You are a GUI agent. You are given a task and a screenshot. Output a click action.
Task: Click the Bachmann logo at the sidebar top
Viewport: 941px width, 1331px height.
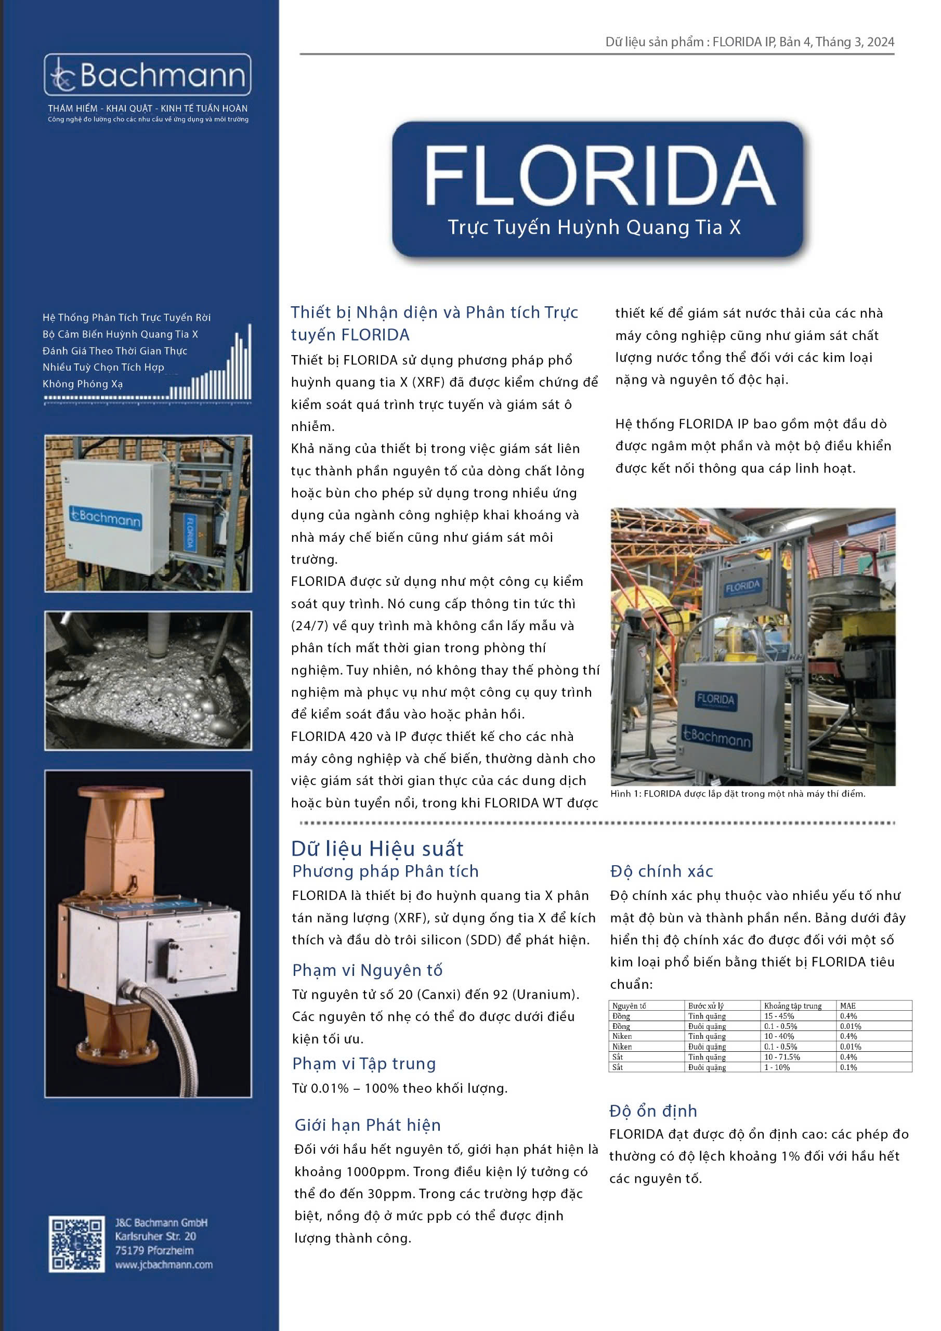click(148, 75)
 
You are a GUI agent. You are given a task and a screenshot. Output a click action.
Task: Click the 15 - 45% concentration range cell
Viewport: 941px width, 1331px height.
click(779, 1015)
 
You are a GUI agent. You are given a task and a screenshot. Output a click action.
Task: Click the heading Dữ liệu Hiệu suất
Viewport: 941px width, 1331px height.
click(377, 849)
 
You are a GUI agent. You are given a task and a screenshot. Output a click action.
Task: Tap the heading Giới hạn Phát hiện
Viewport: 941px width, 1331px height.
click(368, 1125)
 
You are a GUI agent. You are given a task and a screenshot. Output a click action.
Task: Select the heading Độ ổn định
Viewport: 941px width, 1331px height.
click(653, 1111)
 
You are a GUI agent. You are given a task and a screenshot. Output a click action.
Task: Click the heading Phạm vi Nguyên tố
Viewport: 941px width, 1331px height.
click(367, 970)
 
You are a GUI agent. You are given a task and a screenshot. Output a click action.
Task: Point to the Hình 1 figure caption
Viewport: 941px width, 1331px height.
click(738, 793)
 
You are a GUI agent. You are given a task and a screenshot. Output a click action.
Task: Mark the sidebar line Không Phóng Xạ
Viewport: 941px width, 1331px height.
click(82, 384)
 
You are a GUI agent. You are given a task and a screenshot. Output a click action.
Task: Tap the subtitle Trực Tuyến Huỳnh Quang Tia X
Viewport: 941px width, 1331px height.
click(594, 227)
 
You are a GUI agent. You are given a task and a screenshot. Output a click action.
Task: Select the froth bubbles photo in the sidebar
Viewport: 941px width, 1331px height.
click(148, 680)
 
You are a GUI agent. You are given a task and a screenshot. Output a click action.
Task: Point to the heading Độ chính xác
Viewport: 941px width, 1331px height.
click(661, 871)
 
